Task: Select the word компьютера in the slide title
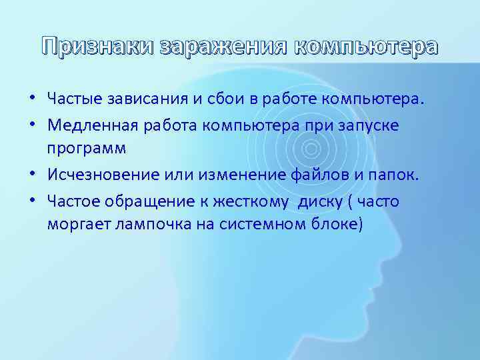pyautogui.click(x=366, y=46)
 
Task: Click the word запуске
pyautogui.click(x=373, y=125)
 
